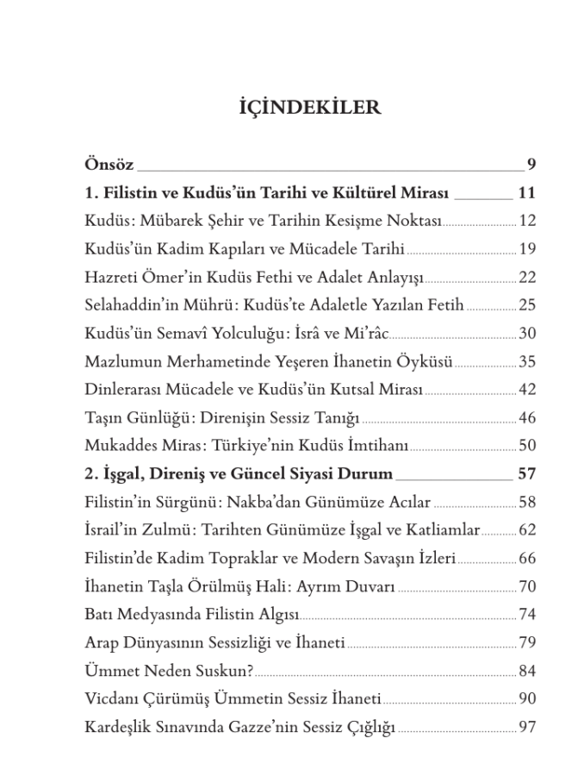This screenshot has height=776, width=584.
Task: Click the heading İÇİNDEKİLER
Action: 308,109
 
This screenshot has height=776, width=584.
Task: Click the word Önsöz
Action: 109,164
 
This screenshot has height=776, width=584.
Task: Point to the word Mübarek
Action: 171,221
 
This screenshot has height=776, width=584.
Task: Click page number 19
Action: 527,249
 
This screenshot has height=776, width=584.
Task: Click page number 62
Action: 527,530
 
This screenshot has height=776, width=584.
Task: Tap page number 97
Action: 527,728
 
